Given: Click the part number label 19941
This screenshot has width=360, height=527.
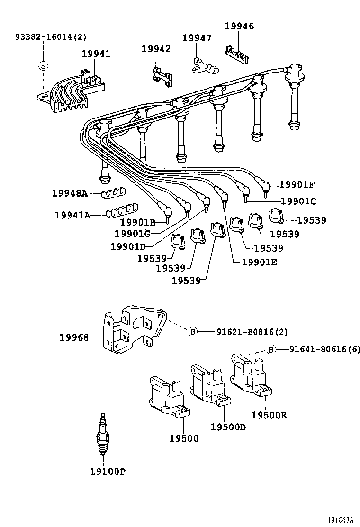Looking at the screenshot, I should point(96,54).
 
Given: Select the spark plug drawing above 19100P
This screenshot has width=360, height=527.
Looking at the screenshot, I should point(102,435).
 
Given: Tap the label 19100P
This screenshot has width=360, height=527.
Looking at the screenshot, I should point(108,472).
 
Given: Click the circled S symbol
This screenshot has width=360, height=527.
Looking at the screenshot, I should point(43,66).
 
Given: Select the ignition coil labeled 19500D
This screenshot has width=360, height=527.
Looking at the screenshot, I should point(209,386).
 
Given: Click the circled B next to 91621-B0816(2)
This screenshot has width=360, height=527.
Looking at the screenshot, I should point(193,332).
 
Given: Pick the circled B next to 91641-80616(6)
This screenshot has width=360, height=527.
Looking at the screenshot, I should point(271,350).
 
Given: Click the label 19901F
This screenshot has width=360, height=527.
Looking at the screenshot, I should point(297,185).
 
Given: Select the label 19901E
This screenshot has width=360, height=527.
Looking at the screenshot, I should point(259,261).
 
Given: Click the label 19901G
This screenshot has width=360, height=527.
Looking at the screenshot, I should point(133,234).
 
